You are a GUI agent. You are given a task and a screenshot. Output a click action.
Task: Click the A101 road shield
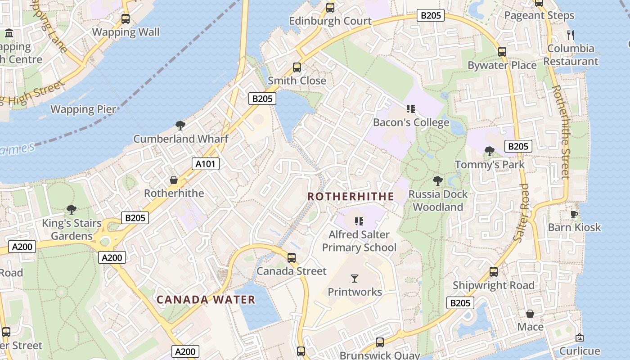(206, 164)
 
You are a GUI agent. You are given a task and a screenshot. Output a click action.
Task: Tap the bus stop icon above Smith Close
(297, 67)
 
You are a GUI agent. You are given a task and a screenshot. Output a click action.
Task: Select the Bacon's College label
(411, 122)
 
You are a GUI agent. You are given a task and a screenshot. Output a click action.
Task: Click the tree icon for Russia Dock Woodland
(437, 181)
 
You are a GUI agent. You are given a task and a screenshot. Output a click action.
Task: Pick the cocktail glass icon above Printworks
(355, 279)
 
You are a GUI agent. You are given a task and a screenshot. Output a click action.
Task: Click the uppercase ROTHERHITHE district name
(351, 197)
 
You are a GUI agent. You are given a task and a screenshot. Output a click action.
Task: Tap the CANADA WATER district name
(206, 300)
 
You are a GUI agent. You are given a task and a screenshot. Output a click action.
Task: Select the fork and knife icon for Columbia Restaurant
(571, 35)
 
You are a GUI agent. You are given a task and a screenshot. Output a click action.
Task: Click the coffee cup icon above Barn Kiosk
(574, 214)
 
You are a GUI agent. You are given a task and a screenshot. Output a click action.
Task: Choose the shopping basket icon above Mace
(530, 314)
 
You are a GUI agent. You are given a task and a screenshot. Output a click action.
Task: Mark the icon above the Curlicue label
(580, 337)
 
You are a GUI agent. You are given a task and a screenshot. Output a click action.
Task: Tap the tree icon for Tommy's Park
(490, 151)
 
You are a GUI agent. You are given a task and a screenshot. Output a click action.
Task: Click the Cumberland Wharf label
(181, 139)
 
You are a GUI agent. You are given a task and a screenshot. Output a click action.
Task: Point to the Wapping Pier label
(83, 109)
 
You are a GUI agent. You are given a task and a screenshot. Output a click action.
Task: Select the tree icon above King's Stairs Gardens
(71, 209)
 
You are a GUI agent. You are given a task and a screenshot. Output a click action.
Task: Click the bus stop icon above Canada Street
(292, 258)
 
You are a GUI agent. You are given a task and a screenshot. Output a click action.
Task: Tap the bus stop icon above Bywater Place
(502, 52)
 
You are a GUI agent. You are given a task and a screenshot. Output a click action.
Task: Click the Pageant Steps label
(539, 16)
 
